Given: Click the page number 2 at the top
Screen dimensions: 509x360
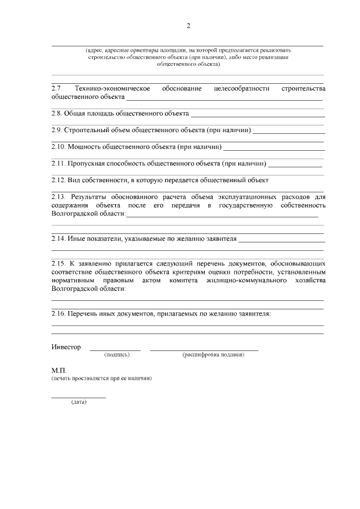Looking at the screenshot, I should tap(188, 25).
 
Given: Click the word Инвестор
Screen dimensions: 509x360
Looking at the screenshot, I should tap(66, 347).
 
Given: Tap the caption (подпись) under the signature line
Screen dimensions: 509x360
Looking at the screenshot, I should tap(117, 355).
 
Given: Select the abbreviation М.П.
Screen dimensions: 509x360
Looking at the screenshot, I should tap(59, 371).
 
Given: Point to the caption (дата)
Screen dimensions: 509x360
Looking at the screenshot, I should tap(78, 403).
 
